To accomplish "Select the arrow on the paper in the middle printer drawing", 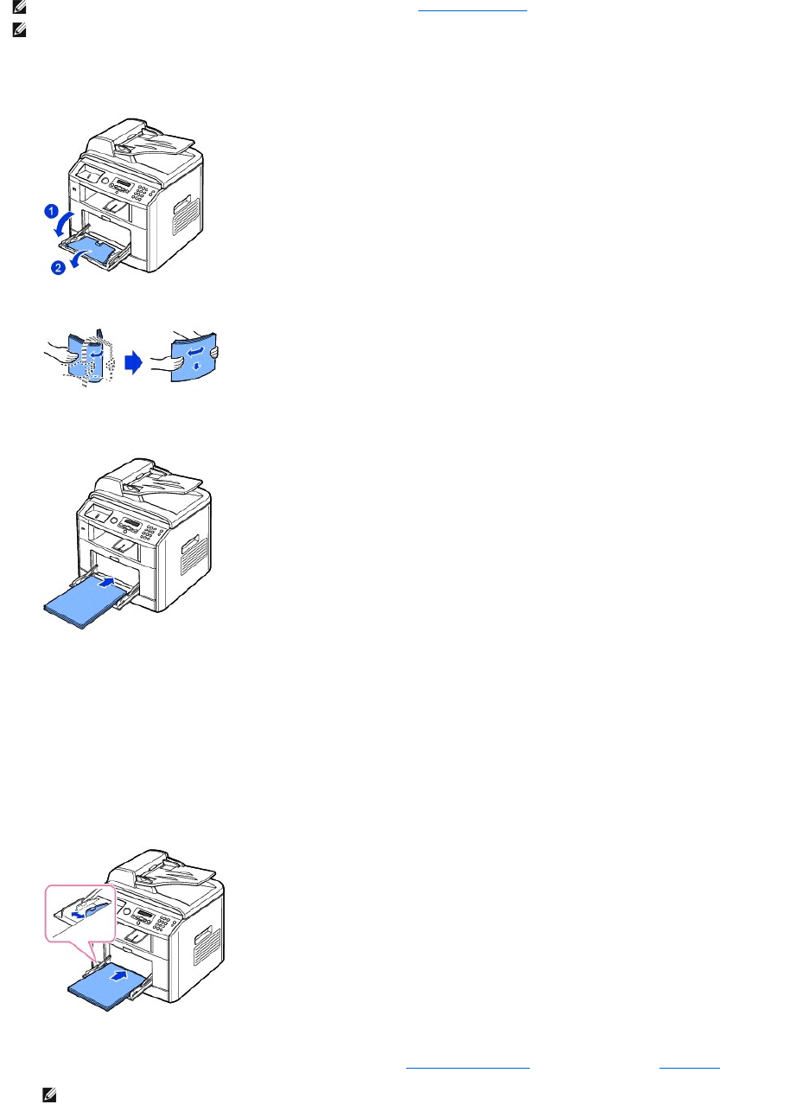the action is [104, 583].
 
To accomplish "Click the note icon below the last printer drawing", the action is [47, 1095].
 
